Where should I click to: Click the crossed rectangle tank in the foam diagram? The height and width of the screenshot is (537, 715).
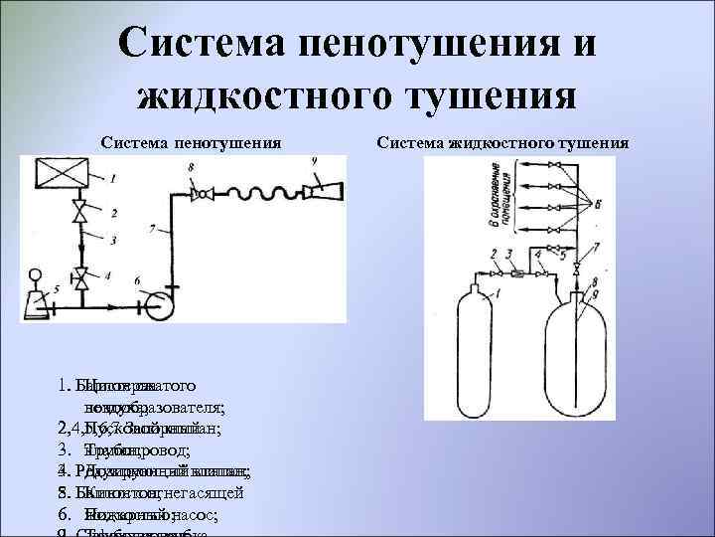(x=65, y=177)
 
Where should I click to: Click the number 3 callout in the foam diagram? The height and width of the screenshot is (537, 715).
(x=114, y=241)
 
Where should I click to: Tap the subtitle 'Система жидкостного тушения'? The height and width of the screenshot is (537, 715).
(x=501, y=144)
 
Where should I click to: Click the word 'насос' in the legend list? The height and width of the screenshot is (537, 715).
(x=208, y=516)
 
